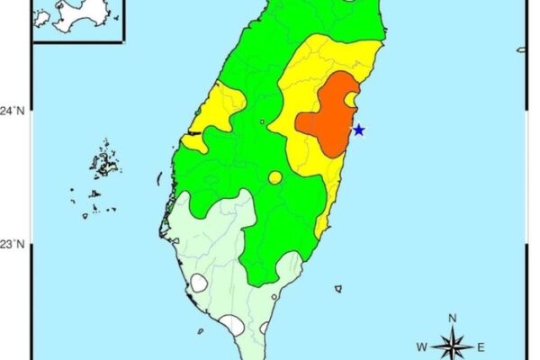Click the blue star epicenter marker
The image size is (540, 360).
click(x=359, y=130)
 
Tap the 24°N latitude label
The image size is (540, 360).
click(x=13, y=111)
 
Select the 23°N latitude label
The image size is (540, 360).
click(x=13, y=244)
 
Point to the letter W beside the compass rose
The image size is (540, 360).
click(x=421, y=346)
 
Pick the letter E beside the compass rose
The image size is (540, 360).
click(x=481, y=346)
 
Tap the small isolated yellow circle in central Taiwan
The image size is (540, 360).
click(x=274, y=177)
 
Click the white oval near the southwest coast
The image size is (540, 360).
click(x=199, y=283)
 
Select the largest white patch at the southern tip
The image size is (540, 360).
click(x=232, y=324)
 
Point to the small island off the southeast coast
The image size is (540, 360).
click(x=338, y=289)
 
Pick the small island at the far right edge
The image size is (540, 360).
click(x=522, y=49)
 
